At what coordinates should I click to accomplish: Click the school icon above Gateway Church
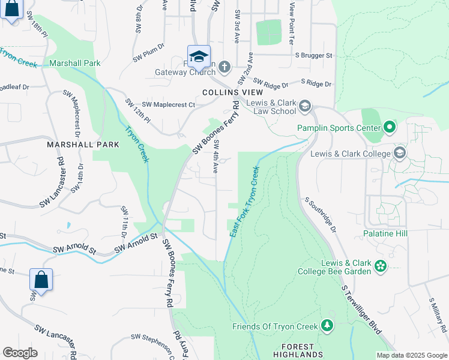[199, 56]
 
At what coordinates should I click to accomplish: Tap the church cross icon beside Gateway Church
[224, 67]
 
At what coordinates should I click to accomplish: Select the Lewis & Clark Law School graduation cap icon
[304, 106]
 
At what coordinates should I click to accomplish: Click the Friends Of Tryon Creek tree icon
[327, 326]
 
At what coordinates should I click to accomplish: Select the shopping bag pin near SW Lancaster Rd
[41, 280]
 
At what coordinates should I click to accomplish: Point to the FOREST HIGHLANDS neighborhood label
[298, 351]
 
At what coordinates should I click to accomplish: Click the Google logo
[20, 353]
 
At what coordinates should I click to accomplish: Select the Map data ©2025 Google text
[412, 355]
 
